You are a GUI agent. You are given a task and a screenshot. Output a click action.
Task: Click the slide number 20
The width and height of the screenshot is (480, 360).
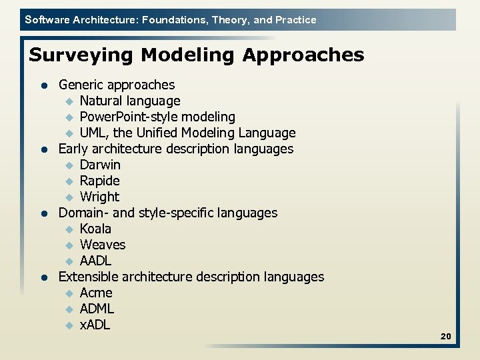tap(445, 337)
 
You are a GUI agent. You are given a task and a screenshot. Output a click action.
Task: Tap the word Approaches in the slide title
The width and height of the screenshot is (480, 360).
tap(303, 55)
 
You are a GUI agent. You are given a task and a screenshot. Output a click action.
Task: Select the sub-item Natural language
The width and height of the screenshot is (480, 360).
tap(129, 101)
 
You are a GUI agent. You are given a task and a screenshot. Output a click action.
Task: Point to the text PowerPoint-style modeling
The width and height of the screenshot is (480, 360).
tap(157, 117)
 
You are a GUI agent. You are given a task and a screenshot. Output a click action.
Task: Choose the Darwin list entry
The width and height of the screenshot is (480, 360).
tap(100, 165)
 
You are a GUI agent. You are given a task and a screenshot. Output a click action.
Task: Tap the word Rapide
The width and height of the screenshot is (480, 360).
tap(99, 181)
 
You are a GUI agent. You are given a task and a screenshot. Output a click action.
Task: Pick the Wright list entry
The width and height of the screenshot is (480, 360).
tap(99, 197)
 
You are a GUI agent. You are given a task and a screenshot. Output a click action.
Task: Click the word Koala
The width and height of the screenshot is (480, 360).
tap(95, 229)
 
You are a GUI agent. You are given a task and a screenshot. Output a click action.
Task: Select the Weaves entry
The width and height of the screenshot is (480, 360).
tap(102, 245)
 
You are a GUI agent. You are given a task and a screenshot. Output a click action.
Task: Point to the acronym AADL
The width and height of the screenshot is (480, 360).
tap(95, 261)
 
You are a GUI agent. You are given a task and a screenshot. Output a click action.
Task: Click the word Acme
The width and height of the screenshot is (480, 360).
tap(96, 293)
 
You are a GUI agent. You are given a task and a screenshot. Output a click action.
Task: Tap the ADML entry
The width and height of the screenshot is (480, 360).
tap(97, 309)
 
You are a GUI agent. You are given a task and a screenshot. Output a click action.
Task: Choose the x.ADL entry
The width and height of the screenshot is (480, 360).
tap(95, 325)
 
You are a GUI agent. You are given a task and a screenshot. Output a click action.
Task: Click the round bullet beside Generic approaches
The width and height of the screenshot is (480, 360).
tap(43, 85)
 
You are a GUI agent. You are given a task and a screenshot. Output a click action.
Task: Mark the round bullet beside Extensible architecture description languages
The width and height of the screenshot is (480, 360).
tap(43, 277)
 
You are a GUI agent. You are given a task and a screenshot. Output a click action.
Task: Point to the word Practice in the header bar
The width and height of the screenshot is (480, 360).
tap(296, 19)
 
